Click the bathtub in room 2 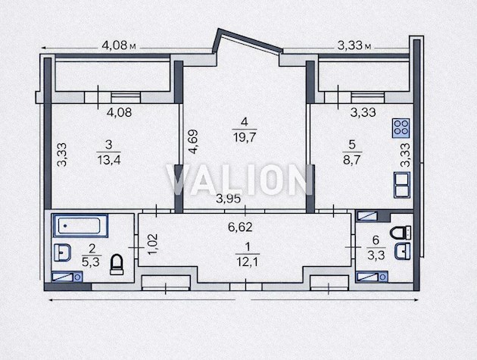[80, 225]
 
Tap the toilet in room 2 [117, 265]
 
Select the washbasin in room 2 [62, 252]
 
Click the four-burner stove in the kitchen [401, 128]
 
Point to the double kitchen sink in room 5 [402, 185]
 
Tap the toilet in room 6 [401, 233]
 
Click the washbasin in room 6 [402, 252]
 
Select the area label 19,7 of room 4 [245, 138]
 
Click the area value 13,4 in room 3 [108, 160]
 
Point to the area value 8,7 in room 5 [351, 160]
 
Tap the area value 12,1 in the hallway [248, 262]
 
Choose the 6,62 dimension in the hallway [240, 227]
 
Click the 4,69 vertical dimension [193, 142]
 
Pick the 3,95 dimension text [228, 199]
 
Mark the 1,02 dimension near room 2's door [153, 244]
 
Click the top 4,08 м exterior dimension [119, 45]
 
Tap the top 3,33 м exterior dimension [354, 45]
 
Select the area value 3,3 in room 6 [376, 255]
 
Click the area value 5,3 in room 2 [91, 261]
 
